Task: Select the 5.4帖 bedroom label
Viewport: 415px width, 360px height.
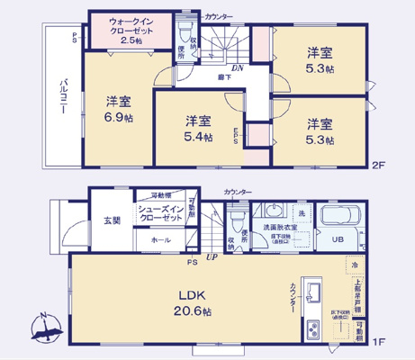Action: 199,128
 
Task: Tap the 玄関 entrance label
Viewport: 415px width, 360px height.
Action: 110,220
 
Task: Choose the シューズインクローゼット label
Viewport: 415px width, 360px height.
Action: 162,213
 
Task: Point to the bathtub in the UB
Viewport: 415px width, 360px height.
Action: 340,217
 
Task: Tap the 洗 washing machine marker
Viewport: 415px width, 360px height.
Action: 301,212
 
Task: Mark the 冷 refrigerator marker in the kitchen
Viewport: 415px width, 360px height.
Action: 355,265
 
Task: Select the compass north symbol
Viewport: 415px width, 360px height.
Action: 46,328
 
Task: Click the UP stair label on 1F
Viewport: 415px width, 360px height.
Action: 212,257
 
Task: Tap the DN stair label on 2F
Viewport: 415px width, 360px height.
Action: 236,67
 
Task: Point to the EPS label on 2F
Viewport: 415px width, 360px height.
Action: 237,137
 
